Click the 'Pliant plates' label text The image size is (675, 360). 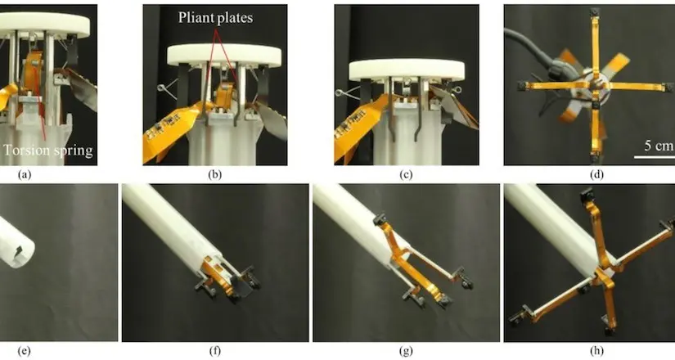tap(216, 15)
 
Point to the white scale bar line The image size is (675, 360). tap(650, 157)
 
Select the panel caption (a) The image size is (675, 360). tap(16, 174)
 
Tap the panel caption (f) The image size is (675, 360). tap(214, 352)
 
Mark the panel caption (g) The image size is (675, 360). tap(407, 352)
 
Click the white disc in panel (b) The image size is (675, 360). tap(223, 56)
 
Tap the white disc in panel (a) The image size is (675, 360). tap(49, 20)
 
